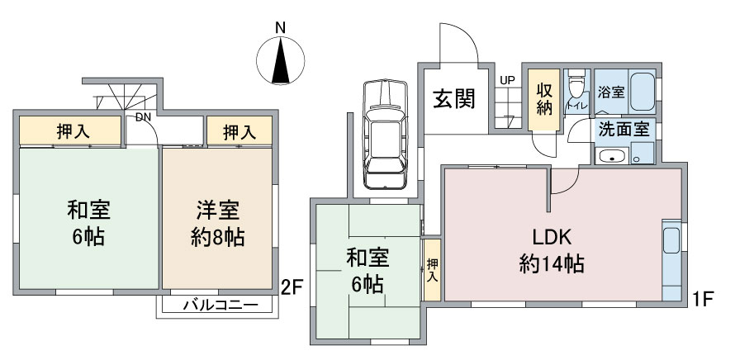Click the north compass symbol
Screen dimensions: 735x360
[x=280, y=60]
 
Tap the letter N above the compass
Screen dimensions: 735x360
[x=280, y=28]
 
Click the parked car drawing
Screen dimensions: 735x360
[x=385, y=134]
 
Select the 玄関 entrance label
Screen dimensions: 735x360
[x=453, y=98]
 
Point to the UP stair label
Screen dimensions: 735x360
[x=507, y=81]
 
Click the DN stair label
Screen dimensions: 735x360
[x=143, y=117]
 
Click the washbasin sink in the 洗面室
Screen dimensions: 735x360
[x=611, y=156]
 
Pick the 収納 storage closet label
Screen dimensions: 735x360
[x=544, y=98]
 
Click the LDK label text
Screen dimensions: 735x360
[x=552, y=238]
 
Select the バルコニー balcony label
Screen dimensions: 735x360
[x=220, y=306]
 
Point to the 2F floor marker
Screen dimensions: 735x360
[x=290, y=287]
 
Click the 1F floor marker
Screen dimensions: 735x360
[x=702, y=298]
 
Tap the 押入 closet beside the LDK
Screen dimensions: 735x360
[x=432, y=270]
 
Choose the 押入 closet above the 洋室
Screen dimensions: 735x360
[x=239, y=130]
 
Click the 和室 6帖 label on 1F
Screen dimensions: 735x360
[x=367, y=271]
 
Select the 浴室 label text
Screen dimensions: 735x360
[x=611, y=92]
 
